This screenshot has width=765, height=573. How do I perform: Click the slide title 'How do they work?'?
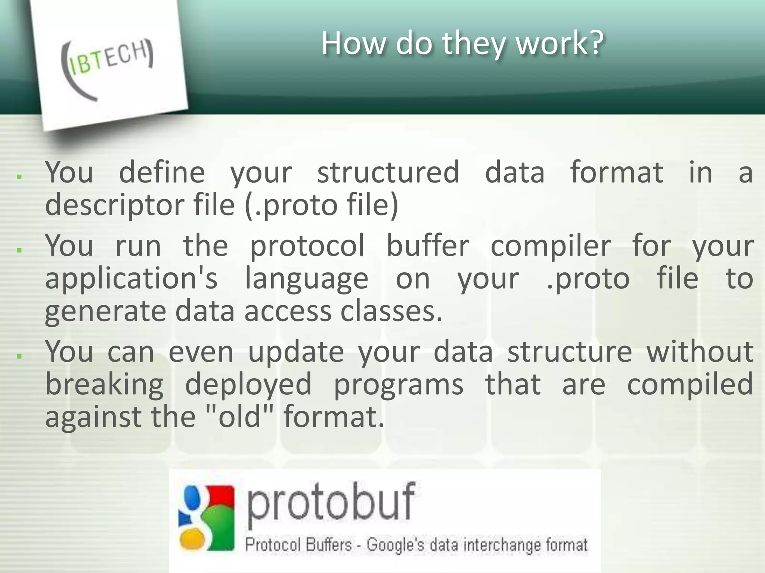(x=462, y=43)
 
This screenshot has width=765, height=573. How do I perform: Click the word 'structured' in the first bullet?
(x=388, y=172)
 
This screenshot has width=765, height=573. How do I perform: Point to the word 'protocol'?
(x=307, y=246)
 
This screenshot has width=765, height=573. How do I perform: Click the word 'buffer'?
(x=427, y=246)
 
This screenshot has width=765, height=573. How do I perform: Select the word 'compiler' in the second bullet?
(x=551, y=246)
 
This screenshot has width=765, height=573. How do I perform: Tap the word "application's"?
(x=131, y=279)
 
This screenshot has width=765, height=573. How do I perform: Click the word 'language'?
(x=307, y=279)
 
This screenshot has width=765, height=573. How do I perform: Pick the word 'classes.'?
(x=391, y=311)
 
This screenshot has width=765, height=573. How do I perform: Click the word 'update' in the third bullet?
(x=296, y=351)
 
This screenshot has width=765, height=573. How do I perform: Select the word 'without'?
(x=700, y=351)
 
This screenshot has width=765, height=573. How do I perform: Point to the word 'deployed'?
(x=248, y=384)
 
